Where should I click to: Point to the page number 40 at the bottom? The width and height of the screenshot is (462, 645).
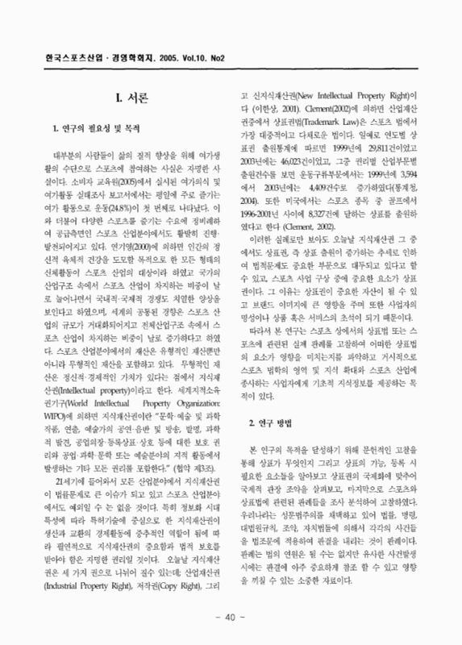[231, 618]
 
